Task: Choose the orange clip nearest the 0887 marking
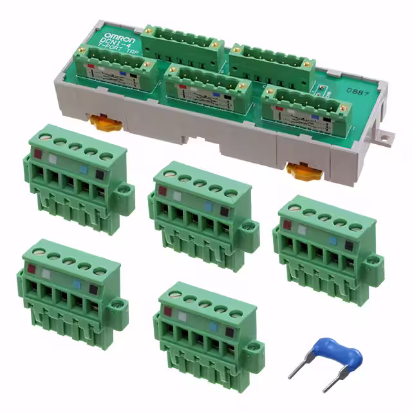(299, 171)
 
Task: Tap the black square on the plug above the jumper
(348, 245)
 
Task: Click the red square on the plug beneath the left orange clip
(39, 154)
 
